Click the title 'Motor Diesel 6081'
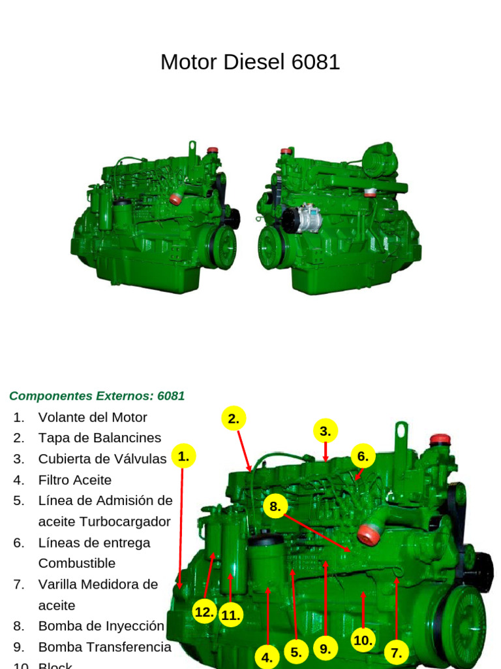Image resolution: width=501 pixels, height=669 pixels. point(250,62)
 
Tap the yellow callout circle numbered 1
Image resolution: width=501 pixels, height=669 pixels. point(183,456)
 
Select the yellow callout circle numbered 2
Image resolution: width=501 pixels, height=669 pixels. point(234,419)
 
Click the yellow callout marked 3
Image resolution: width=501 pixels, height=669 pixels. point(325,431)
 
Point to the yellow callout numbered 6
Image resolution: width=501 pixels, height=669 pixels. point(363,456)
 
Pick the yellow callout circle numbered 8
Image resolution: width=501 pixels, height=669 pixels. point(275,506)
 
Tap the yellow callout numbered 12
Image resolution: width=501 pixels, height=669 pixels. point(205,612)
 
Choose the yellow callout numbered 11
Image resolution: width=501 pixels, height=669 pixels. point(231,615)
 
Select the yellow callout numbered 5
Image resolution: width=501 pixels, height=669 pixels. point(296,651)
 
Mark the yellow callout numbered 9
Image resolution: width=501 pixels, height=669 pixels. point(325,649)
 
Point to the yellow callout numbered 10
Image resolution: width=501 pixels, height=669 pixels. point(363,640)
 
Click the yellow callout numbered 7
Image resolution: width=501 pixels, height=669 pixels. point(396,651)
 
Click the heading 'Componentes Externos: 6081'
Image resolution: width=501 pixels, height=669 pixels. point(97,396)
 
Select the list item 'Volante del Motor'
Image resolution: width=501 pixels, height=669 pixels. point(93,417)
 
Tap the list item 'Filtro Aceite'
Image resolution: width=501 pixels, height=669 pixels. point(75,480)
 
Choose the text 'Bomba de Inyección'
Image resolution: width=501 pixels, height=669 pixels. point(101,626)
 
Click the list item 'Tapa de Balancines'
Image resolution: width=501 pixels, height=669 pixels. point(100,438)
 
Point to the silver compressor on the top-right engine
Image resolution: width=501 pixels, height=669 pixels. point(301,218)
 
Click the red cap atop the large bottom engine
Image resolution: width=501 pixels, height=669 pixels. point(440,439)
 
